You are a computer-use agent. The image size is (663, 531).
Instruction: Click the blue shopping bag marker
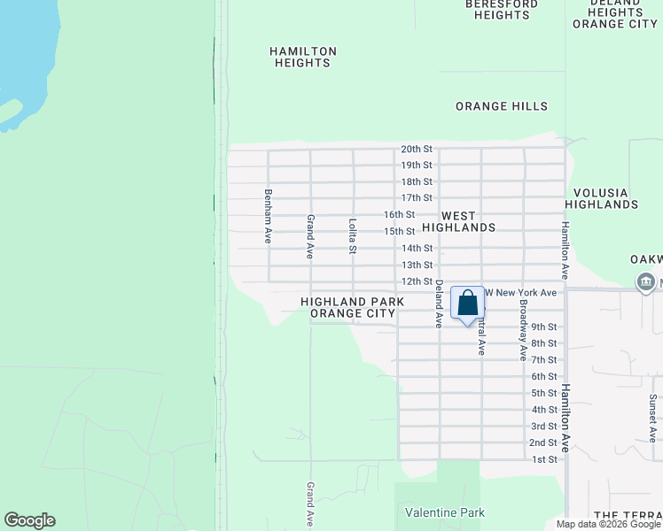click(467, 304)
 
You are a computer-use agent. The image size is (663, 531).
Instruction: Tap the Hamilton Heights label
click(301, 58)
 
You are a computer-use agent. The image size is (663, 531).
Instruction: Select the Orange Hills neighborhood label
click(502, 106)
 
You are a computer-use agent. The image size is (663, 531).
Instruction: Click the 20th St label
click(416, 150)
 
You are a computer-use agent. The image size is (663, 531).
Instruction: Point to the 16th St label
click(399, 215)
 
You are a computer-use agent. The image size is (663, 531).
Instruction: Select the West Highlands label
click(458, 221)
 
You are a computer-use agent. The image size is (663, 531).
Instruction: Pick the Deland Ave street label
click(438, 304)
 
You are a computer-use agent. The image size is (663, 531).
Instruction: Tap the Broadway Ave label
click(524, 330)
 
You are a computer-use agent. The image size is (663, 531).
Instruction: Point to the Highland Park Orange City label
click(352, 307)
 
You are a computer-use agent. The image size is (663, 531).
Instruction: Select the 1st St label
click(544, 459)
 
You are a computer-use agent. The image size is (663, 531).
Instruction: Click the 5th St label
click(544, 393)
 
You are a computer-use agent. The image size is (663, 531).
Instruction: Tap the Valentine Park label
click(445, 512)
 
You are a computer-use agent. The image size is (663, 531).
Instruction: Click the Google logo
click(29, 520)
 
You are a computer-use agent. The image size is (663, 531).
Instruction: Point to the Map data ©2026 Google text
click(608, 524)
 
